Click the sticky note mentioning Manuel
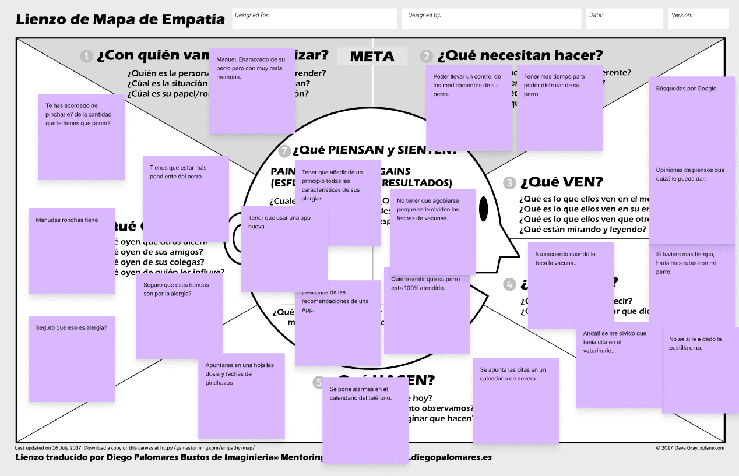[252, 91]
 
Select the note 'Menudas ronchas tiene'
[72, 251]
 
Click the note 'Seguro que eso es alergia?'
[72, 358]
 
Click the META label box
[372, 57]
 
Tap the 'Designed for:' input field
[315, 19]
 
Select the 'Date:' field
[625, 19]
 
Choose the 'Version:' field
[698, 19]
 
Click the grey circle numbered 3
[510, 183]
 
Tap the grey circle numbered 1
[87, 57]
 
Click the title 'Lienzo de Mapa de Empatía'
[120, 20]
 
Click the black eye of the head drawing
[483, 208]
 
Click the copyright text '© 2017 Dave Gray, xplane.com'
[690, 448]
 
